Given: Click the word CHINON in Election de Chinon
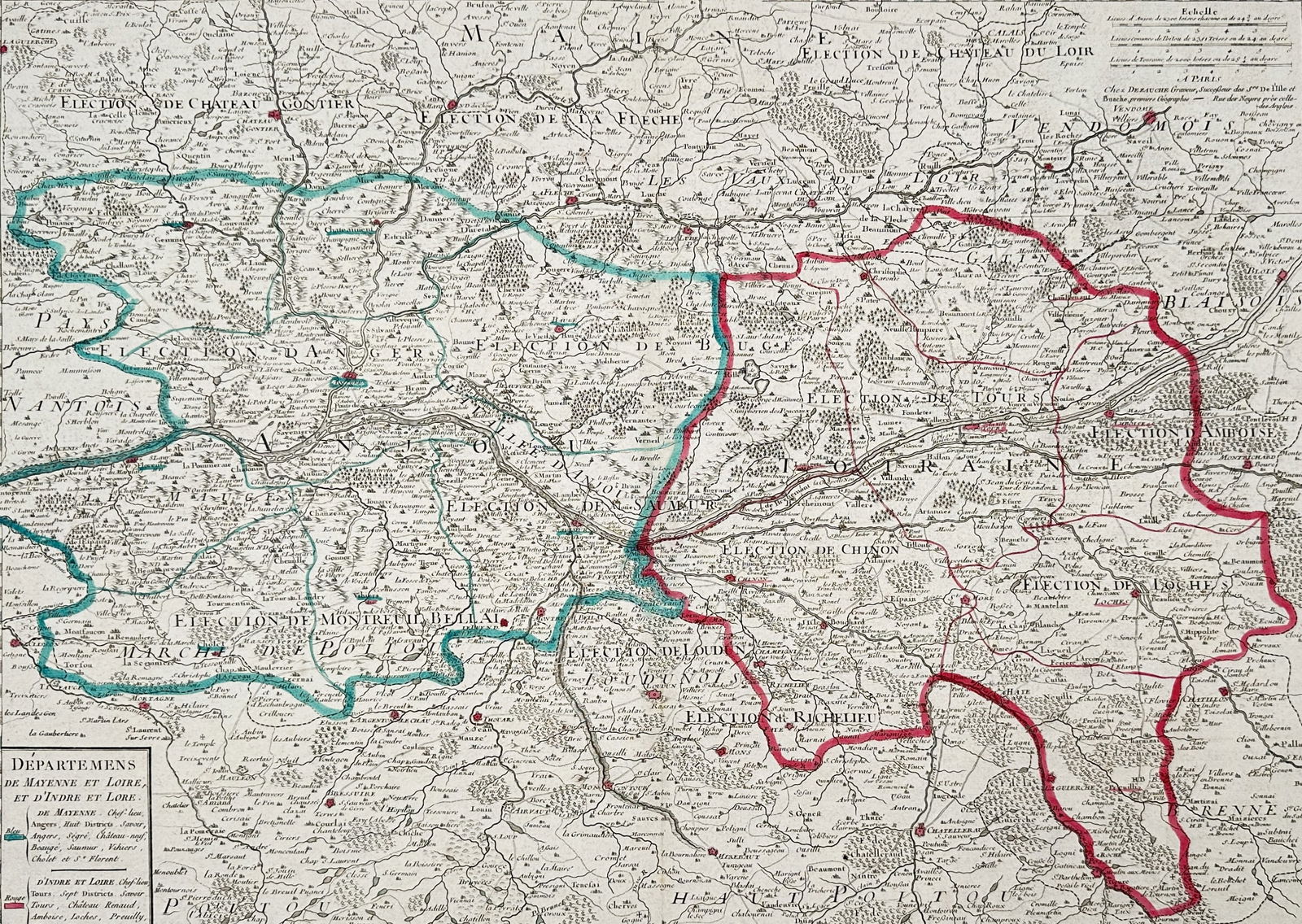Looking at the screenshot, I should (867, 550).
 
